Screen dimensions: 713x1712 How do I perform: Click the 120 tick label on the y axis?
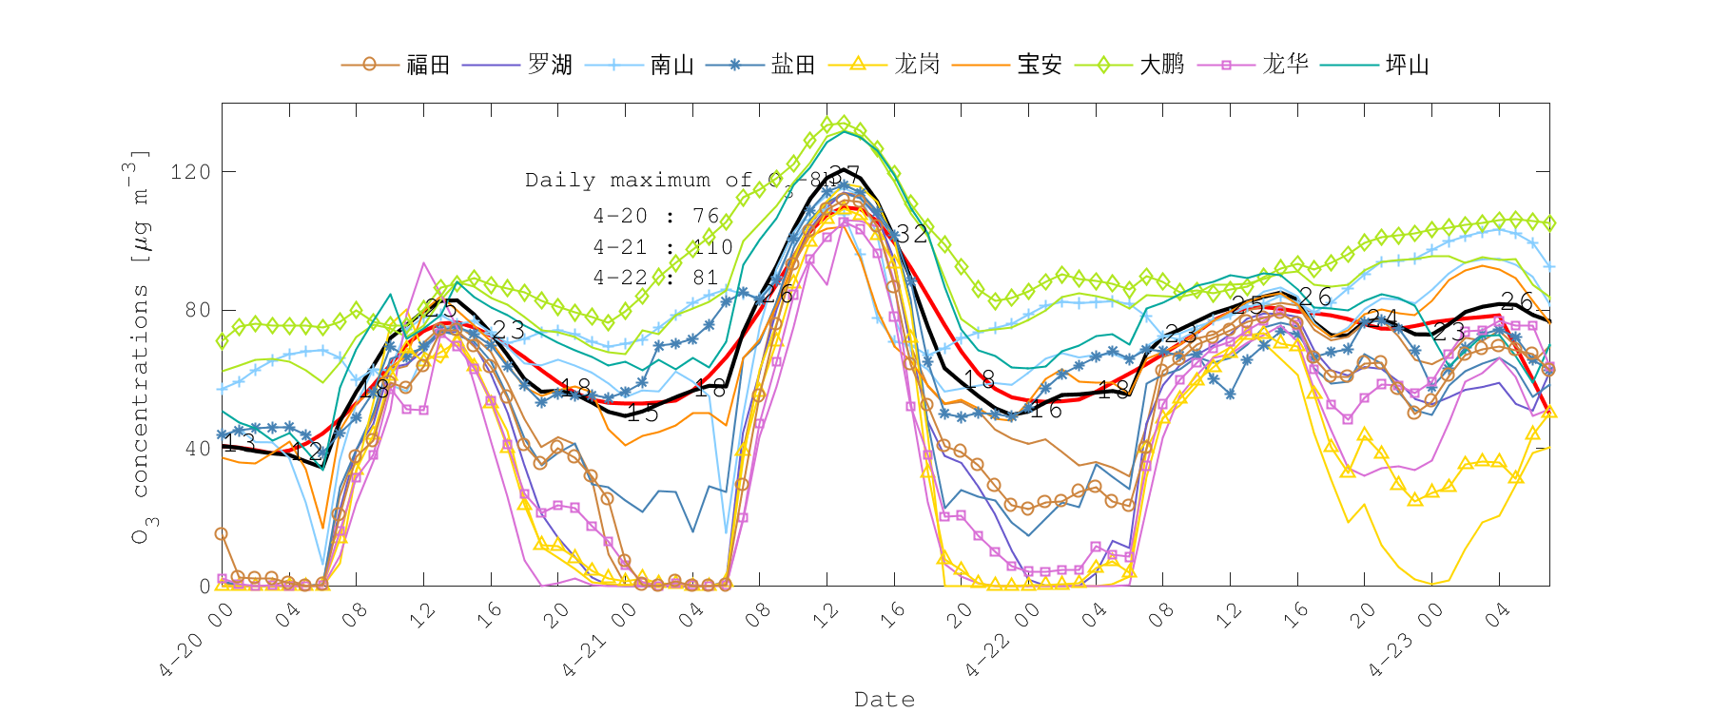point(189,172)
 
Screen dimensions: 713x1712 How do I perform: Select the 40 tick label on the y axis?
point(197,449)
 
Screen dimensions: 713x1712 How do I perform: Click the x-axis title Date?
point(885,700)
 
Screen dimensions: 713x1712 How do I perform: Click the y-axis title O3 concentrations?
point(141,347)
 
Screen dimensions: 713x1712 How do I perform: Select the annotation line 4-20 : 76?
point(656,217)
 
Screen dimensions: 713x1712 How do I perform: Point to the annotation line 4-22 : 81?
point(656,278)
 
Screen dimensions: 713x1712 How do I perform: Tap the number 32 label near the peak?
point(911,234)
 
